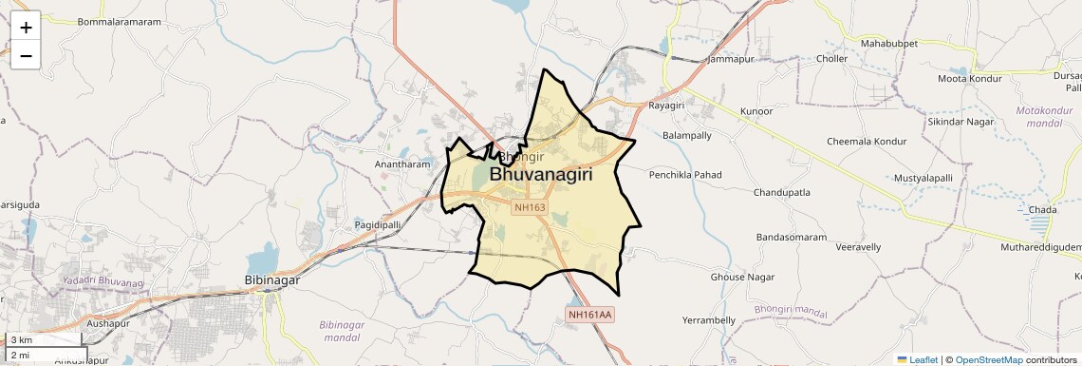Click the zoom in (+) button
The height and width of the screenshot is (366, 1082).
point(26,28)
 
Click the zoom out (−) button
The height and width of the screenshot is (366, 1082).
point(26,55)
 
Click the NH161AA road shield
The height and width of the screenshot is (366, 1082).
point(590,314)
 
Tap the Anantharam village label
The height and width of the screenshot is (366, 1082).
point(402,164)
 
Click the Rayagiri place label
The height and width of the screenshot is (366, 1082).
point(666,106)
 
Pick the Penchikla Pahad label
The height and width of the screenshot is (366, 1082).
point(685,175)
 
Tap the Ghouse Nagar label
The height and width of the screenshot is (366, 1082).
point(742,278)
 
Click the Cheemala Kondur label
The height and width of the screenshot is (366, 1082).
point(867,142)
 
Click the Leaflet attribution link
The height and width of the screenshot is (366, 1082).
point(918,359)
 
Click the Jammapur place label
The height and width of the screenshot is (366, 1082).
point(731,59)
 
